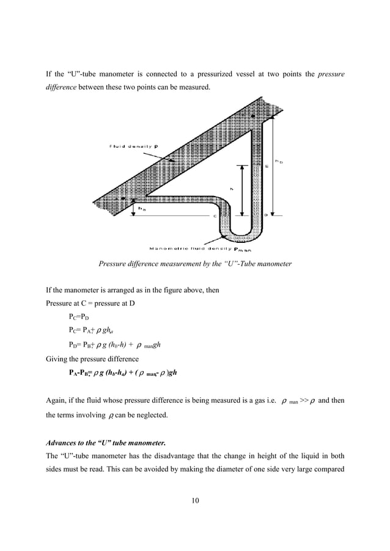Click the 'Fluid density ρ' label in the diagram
click(x=133, y=146)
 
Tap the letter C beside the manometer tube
click(x=215, y=215)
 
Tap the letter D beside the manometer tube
click(x=265, y=215)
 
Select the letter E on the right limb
click(x=267, y=165)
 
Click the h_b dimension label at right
click(x=279, y=162)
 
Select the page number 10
click(x=194, y=501)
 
